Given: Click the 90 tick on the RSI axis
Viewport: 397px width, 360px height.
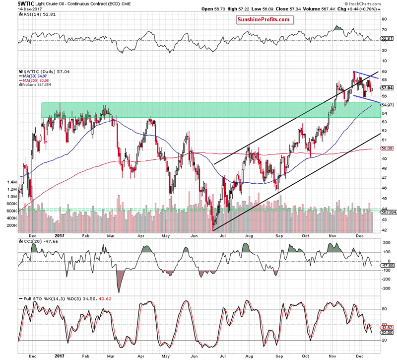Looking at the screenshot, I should click(x=384, y=19).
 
